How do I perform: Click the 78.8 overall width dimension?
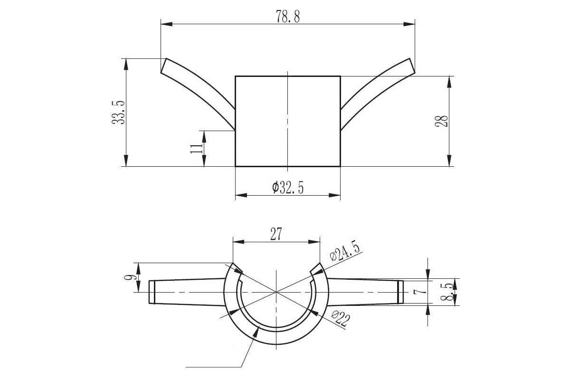pos(288,17)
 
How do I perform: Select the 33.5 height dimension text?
pos(118,112)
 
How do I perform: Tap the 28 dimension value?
pos(441,121)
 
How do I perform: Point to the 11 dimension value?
pos(196,148)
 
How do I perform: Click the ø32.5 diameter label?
pos(288,188)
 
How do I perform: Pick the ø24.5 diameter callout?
pos(344,251)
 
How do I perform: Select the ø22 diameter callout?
pos(341,319)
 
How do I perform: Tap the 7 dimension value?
pos(420,292)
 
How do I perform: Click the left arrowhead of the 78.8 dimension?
pos(166,24)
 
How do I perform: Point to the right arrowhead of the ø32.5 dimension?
pos(334,195)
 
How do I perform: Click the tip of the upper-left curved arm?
pos(163,66)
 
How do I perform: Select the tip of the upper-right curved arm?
pos(412,66)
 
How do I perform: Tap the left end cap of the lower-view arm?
pos(152,292)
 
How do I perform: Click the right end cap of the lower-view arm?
pos(400,292)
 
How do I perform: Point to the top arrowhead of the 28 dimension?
pos(449,82)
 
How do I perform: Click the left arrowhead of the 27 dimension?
pos(238,242)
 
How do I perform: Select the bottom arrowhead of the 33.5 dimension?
pos(126,161)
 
